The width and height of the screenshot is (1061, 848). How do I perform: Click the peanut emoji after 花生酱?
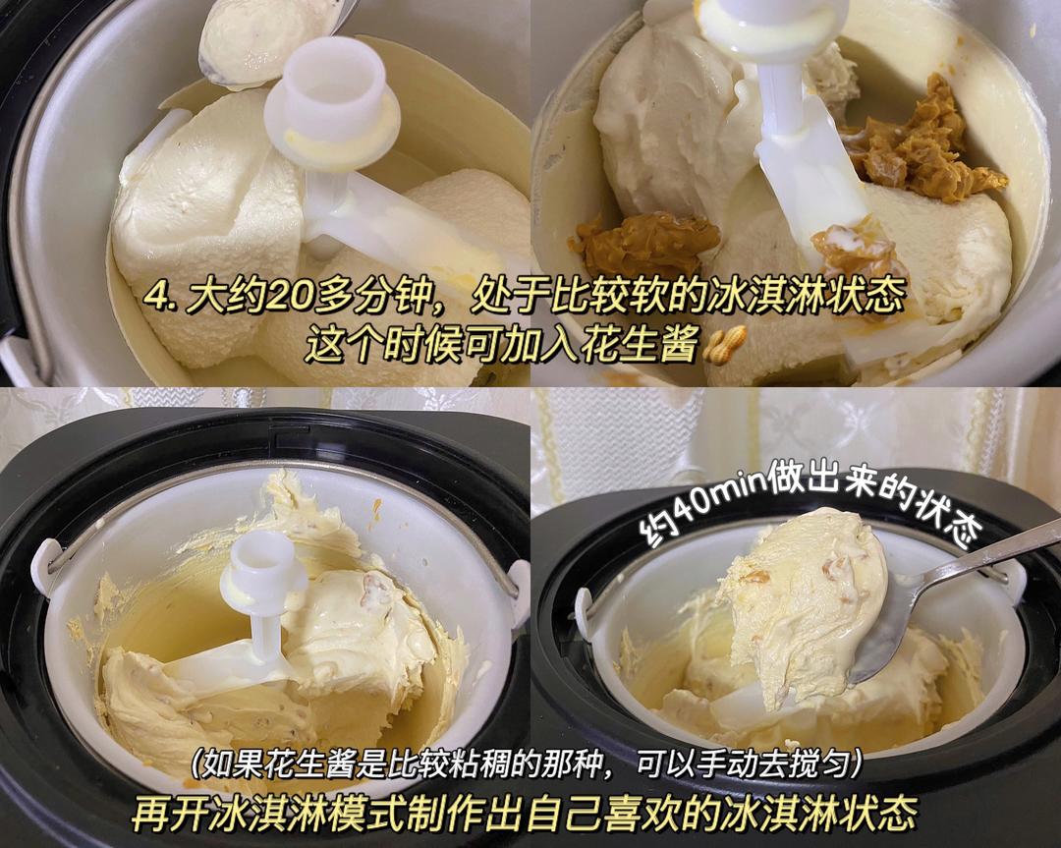(727, 343)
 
